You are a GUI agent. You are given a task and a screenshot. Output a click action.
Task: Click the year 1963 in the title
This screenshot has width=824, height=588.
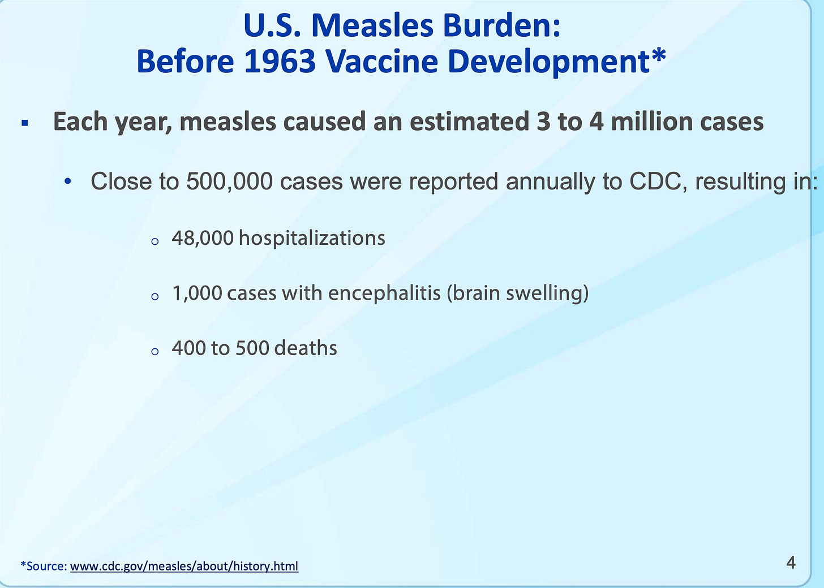(280, 61)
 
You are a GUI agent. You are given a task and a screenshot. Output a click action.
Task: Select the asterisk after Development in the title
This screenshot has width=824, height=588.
(658, 55)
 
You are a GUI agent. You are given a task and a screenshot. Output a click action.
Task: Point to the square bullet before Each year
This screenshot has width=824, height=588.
(25, 123)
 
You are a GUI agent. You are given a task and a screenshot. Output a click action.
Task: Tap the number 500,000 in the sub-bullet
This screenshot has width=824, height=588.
(229, 181)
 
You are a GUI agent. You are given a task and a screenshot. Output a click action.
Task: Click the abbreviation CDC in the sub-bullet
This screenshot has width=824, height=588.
(655, 181)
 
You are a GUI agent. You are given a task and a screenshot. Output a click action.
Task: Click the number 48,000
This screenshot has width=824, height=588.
(203, 238)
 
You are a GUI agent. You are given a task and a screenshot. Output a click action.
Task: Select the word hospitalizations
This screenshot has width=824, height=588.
(312, 238)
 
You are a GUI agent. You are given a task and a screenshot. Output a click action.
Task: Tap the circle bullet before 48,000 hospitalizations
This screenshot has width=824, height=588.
(155, 241)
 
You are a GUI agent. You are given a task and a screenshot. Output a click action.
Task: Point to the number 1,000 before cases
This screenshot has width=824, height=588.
(197, 293)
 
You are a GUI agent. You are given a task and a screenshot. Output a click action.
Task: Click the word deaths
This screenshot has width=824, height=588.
(306, 348)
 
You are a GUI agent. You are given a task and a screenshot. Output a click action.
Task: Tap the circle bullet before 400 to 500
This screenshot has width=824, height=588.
(155, 352)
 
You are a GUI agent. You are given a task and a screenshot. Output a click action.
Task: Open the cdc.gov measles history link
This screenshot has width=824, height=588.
(184, 566)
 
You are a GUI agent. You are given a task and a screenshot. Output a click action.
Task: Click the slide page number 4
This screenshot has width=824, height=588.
(791, 563)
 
